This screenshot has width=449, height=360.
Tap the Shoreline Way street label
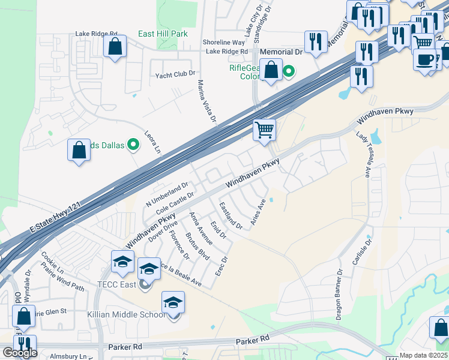tap(223, 43)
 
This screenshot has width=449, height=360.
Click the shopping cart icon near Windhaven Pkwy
tap(264, 129)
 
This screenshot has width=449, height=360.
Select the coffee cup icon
tap(425, 59)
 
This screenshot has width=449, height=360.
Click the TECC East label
tap(119, 284)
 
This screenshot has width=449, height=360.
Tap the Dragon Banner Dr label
tap(339, 294)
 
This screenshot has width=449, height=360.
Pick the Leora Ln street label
tap(154, 142)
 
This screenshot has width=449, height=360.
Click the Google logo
tap(20, 353)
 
